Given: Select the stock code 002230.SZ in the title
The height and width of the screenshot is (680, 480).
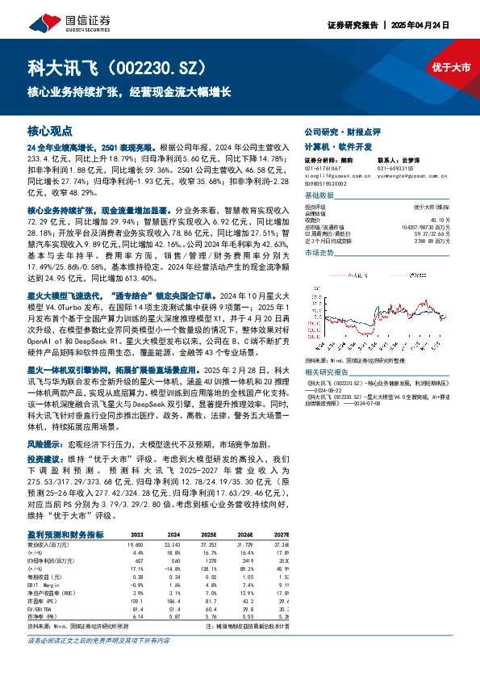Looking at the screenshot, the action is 161,67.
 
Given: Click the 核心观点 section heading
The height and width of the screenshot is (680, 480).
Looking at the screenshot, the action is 50,130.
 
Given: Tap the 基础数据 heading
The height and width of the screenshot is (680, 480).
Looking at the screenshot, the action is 318,195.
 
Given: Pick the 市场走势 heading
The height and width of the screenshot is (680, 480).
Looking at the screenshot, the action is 318,253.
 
